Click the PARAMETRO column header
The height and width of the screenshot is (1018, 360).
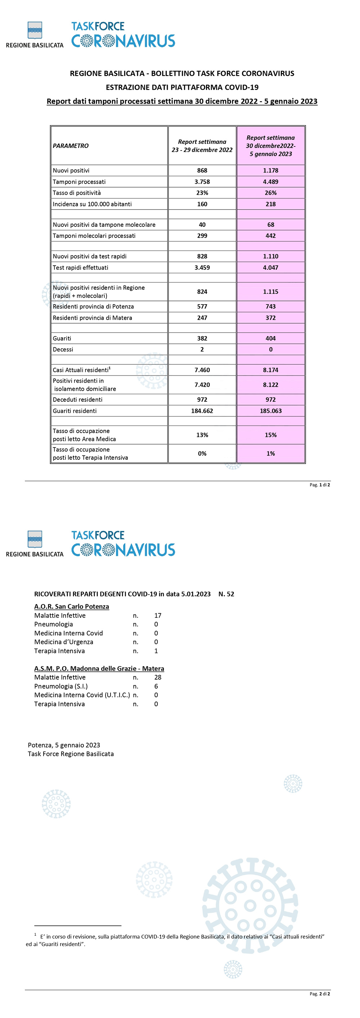(x=71, y=146)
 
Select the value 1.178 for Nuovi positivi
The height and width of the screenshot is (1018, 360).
(x=271, y=170)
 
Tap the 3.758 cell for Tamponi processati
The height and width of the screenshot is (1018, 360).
(x=202, y=182)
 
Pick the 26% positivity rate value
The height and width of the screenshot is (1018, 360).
(x=271, y=193)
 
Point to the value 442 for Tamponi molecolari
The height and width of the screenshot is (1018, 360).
(x=271, y=235)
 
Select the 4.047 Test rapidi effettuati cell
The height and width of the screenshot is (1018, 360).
(x=271, y=267)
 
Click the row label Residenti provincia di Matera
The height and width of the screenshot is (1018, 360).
(x=93, y=318)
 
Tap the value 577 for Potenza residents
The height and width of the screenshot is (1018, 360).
(x=202, y=306)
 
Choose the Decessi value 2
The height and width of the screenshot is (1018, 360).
(x=202, y=349)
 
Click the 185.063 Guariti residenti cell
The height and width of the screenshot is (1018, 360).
(x=271, y=411)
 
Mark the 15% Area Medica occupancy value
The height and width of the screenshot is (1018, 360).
(x=271, y=435)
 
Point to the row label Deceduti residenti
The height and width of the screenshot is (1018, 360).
(x=77, y=400)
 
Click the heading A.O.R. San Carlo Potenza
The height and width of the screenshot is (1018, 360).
(x=72, y=607)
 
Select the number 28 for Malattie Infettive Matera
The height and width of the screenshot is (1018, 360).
(x=158, y=677)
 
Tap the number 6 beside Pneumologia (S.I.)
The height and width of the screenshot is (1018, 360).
(x=156, y=686)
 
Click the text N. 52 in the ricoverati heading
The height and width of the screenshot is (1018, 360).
(x=226, y=594)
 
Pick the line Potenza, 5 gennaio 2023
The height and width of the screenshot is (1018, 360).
(x=64, y=745)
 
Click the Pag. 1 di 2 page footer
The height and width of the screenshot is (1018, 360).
(x=320, y=485)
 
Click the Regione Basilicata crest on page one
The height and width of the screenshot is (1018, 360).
(x=35, y=30)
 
